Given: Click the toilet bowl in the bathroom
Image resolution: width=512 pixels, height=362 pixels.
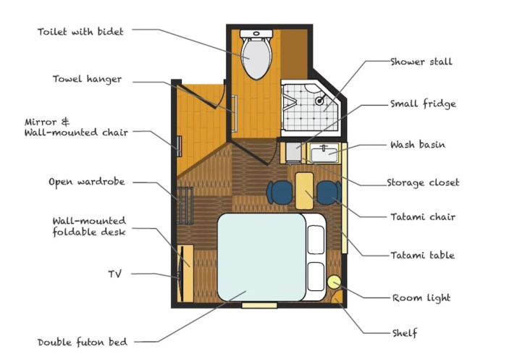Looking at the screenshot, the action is click(256, 58).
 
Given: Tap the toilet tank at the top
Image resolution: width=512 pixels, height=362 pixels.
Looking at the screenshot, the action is click(256, 33).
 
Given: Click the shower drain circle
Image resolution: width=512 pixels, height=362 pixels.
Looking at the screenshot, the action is click(319, 101).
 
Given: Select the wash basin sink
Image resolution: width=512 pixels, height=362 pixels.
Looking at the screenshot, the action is click(324, 153).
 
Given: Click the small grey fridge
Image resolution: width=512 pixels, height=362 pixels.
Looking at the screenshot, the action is click(293, 152).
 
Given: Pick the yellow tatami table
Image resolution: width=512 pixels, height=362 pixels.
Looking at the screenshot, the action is click(304, 191).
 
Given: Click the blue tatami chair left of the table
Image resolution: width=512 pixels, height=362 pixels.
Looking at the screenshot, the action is click(280, 193).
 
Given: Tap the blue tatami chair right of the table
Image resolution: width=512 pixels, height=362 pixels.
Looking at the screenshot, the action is click(329, 193).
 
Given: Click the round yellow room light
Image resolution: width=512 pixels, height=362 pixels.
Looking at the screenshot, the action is click(334, 282).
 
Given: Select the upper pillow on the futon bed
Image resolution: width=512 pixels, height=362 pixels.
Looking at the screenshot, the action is click(316, 239).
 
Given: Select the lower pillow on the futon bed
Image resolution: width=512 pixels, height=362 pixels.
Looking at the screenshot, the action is click(316, 276).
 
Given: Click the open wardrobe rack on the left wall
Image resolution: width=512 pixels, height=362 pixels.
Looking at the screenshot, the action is click(185, 206).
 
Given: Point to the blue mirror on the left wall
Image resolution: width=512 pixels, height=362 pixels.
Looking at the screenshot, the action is click(179, 146).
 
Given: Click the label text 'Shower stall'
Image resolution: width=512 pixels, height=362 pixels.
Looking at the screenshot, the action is click(421, 62).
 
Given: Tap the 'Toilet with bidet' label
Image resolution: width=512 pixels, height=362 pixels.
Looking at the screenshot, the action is click(80, 32).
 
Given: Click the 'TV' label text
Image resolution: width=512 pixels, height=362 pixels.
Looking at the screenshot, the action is click(115, 274).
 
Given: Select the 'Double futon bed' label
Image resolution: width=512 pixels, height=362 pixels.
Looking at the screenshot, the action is click(83, 342).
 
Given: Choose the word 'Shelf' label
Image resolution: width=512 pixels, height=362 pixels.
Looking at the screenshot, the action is click(405, 333).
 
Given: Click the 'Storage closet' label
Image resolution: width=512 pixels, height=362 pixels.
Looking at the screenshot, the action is click(423, 182).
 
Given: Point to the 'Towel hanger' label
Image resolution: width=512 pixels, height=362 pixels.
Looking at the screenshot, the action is click(87, 79).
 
